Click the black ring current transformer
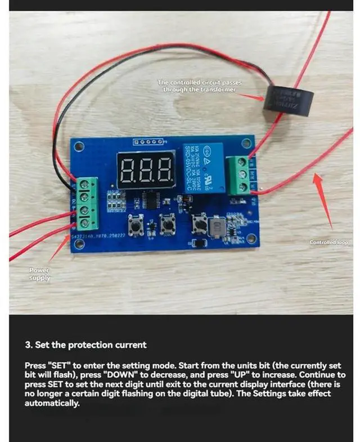tap(289, 100)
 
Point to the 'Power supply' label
tap(39, 274)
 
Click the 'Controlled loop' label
tap(329, 243)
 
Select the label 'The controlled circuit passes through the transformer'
tap(199, 86)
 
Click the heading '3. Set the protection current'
tap(85, 345)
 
